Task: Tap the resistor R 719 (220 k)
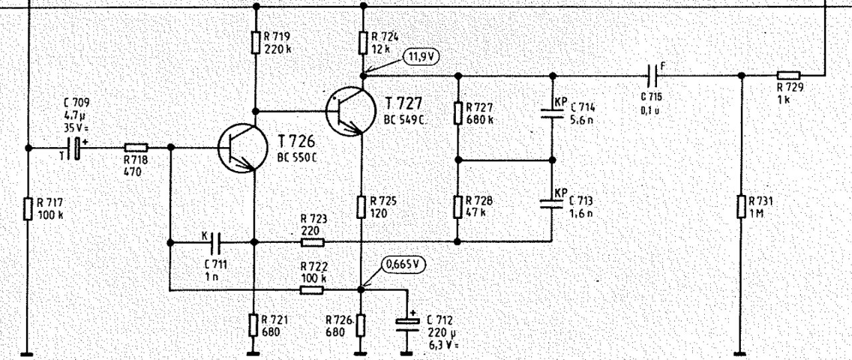(x=256, y=43)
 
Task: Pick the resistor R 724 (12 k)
(x=363, y=43)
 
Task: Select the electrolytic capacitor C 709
(x=78, y=147)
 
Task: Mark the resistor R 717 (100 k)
(x=28, y=208)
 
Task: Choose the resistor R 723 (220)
(x=312, y=242)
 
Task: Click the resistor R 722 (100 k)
(x=312, y=289)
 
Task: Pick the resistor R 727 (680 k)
(x=458, y=113)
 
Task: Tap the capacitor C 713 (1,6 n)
(x=552, y=203)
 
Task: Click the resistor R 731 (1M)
(x=740, y=206)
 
